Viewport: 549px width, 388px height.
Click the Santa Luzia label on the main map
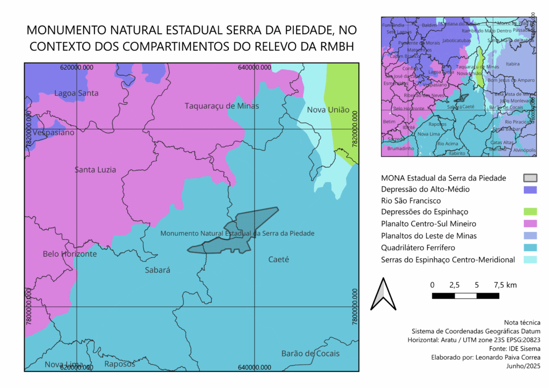click(95, 170)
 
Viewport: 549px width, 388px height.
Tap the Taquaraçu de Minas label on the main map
click(222, 106)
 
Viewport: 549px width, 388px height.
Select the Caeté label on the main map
click(278, 259)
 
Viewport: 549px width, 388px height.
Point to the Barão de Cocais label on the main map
click(310, 353)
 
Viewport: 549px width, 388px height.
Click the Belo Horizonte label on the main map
click(70, 253)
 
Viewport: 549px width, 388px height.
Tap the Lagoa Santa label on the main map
click(76, 93)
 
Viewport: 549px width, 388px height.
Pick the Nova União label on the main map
click(328, 110)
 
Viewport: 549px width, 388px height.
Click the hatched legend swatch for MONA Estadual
click(530, 178)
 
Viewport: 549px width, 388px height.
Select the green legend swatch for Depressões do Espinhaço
click(530, 212)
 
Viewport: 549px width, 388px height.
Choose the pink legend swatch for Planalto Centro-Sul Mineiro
click(530, 223)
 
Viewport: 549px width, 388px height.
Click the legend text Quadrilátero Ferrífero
click(418, 248)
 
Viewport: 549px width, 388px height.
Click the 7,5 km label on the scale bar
click(504, 285)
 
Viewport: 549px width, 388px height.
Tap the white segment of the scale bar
click(465, 295)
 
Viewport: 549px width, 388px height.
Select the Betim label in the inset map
click(389, 122)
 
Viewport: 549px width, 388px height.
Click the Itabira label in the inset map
click(513, 64)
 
